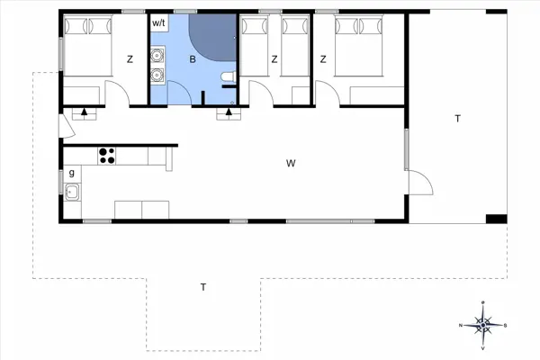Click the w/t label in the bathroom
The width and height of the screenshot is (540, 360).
159,22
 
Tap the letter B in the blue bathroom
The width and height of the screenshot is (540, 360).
192,60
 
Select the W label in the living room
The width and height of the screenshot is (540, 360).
291,164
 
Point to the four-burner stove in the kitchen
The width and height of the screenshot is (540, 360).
108,155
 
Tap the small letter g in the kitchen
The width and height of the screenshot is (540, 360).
70,171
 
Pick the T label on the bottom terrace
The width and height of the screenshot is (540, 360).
203,287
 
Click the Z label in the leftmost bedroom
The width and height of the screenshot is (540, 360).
130,60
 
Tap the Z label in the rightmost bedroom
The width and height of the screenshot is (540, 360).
322,60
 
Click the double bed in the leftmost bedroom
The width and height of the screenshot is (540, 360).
87,46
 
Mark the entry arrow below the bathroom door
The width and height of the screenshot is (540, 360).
229,113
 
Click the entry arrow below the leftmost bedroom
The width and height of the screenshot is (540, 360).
85,112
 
